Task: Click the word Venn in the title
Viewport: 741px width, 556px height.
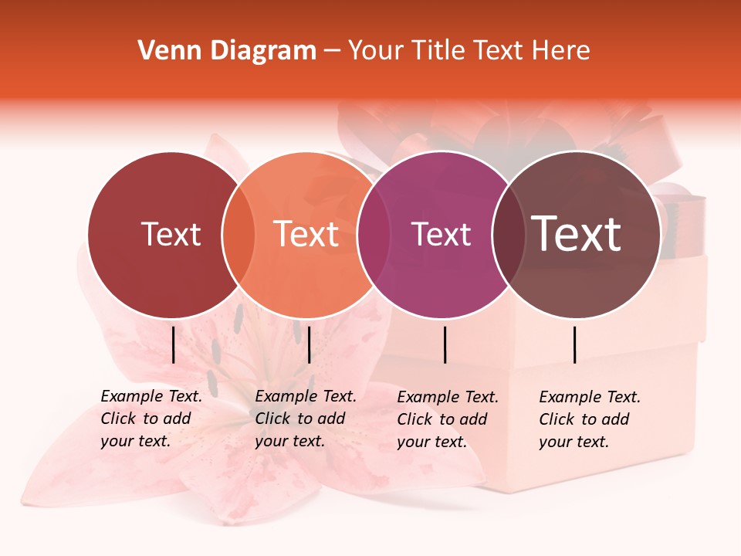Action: (164, 51)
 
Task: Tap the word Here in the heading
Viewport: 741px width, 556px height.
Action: (561, 51)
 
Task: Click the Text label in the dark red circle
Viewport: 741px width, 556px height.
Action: (171, 234)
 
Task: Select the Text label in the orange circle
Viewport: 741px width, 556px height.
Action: (306, 234)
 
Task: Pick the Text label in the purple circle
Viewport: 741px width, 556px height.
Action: (442, 235)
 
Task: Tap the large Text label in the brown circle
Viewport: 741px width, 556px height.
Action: (577, 234)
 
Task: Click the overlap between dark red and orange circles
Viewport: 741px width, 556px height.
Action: (239, 235)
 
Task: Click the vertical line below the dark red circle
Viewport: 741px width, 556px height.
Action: (173, 344)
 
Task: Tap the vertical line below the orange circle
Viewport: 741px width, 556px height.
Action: (309, 344)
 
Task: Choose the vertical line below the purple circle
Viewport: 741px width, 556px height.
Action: (445, 344)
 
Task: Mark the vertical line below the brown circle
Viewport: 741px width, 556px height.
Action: (575, 344)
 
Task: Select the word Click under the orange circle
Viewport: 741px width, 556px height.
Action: (272, 419)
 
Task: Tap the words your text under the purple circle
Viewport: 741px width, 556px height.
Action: (431, 442)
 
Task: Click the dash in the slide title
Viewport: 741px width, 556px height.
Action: (332, 51)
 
